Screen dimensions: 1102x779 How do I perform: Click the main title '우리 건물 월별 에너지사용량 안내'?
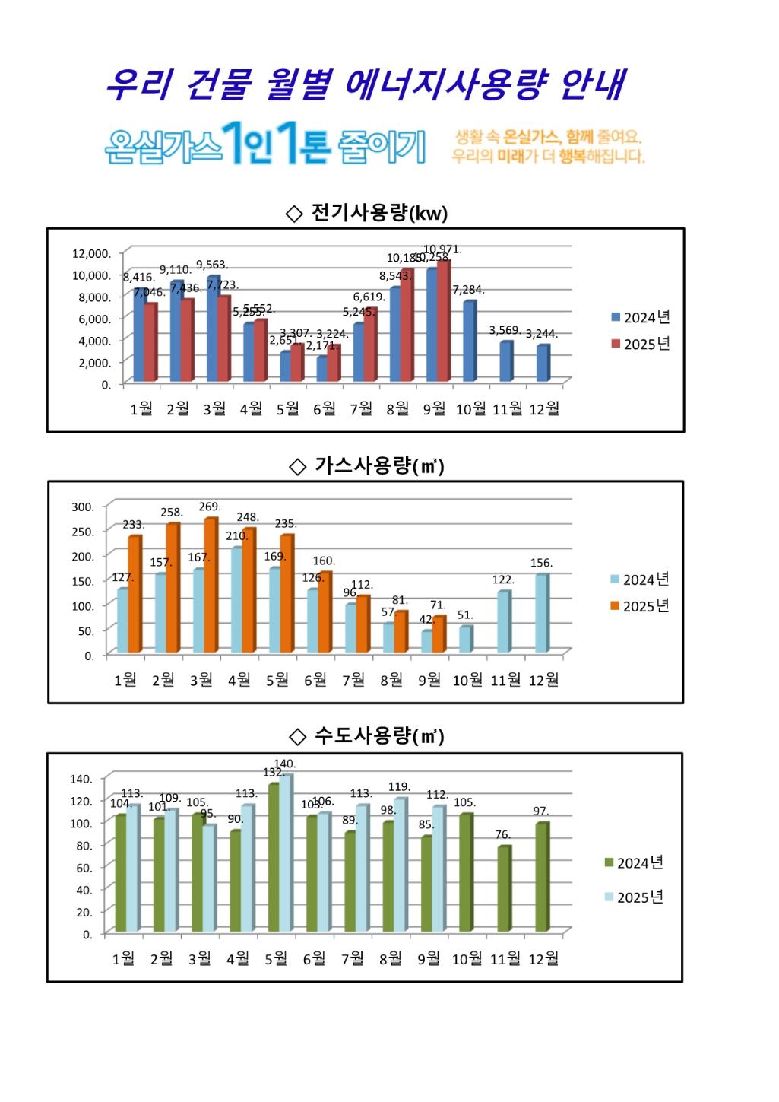tap(365, 85)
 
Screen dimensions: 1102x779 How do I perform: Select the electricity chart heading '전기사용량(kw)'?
tap(367, 213)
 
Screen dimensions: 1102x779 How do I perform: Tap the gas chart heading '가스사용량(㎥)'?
tap(367, 465)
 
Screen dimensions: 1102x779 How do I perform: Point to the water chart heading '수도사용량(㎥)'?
tap(367, 736)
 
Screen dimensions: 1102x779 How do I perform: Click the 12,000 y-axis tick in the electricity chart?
tap(91, 253)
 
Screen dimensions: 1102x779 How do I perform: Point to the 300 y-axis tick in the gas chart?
tap(83, 507)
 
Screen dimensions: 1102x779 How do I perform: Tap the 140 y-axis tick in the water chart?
tap(81, 779)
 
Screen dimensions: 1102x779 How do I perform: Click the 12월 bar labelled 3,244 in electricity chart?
tap(543, 363)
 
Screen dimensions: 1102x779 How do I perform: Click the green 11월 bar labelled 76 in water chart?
tap(503, 888)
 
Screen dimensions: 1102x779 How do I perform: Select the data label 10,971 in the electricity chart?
tap(442, 249)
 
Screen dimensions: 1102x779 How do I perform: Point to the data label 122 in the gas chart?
tap(503, 580)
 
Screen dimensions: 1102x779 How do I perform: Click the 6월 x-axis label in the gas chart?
tap(315, 680)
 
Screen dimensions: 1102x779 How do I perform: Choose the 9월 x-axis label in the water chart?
tap(429, 959)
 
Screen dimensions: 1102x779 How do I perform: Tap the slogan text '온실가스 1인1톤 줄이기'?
tap(264, 144)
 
